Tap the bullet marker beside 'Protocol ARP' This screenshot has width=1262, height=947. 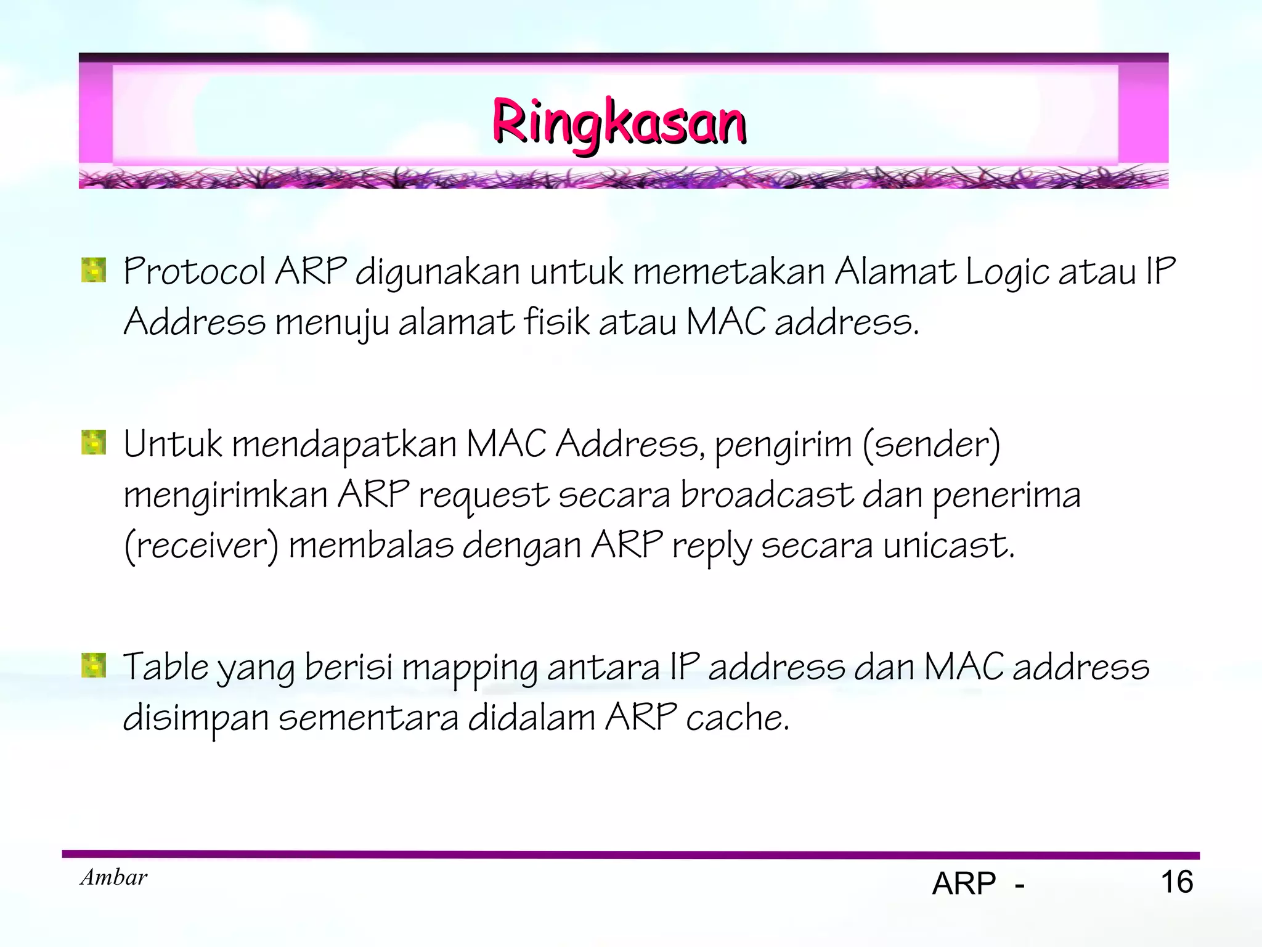(94, 271)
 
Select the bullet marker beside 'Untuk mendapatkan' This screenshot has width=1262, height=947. (94, 443)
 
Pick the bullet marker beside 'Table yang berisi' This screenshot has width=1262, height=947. (94, 666)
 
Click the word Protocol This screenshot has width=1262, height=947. (194, 272)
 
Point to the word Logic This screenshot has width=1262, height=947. (1007, 273)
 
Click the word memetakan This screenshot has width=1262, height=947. (729, 272)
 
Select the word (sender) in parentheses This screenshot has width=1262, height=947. (931, 445)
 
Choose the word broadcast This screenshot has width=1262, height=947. (766, 495)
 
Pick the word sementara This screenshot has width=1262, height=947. (368, 718)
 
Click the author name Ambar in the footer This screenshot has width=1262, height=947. (114, 877)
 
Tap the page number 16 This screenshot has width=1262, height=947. (1177, 882)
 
